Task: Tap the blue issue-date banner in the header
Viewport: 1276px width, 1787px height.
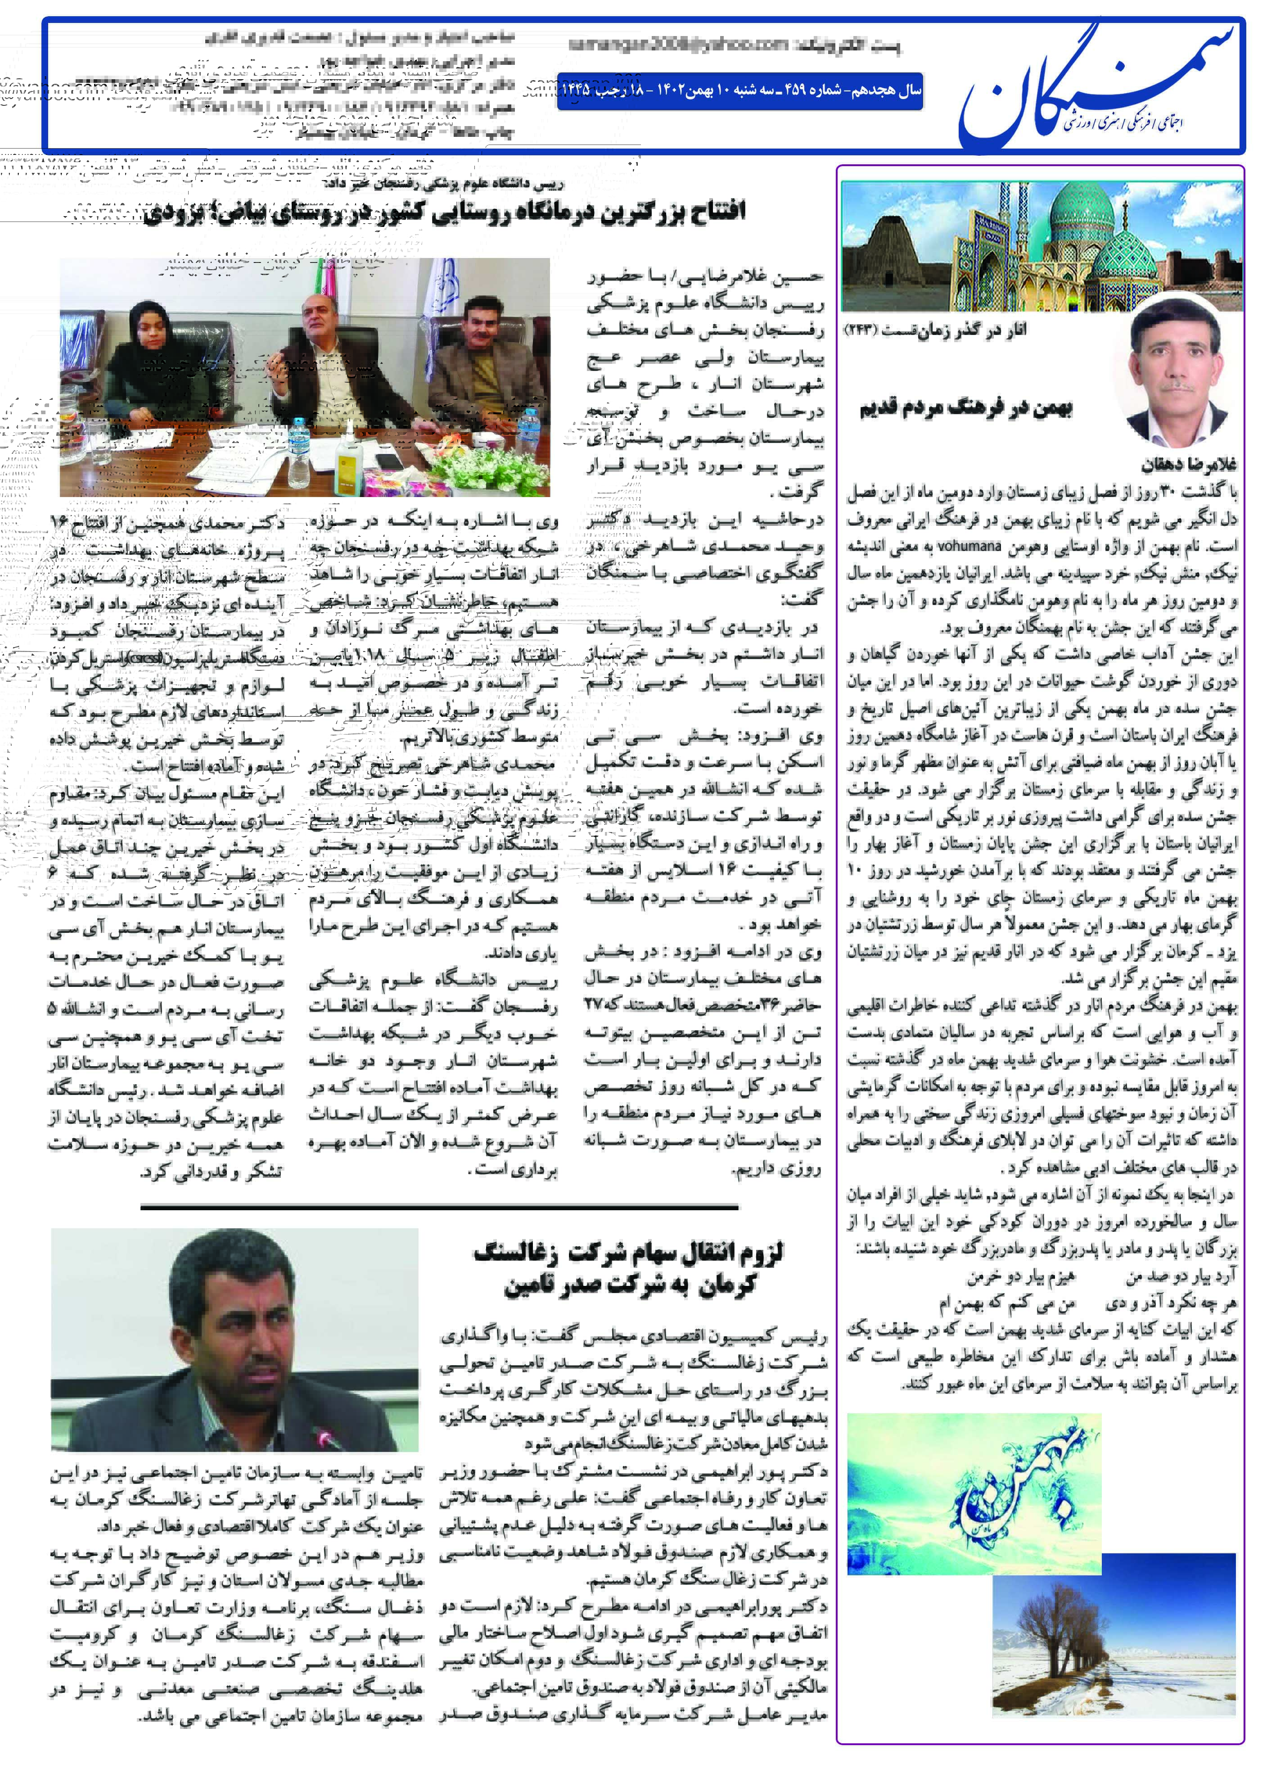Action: pos(739,91)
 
